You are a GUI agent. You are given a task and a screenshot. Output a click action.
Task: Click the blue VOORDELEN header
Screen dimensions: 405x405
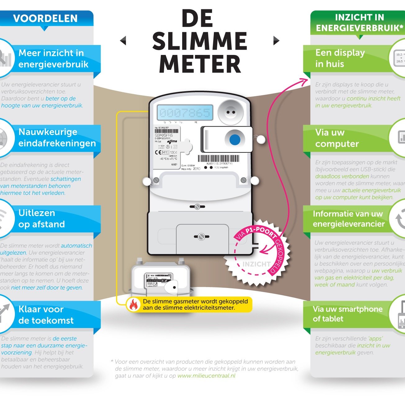45,18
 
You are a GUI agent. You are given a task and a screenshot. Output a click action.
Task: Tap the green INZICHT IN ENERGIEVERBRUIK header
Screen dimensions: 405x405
359,23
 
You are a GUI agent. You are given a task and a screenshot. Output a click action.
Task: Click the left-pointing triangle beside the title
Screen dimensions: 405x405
123,41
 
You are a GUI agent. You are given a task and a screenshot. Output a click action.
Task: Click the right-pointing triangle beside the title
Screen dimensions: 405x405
276,41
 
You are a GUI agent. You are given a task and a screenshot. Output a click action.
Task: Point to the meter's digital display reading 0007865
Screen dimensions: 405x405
185,113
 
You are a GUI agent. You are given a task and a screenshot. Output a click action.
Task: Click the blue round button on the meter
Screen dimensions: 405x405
235,140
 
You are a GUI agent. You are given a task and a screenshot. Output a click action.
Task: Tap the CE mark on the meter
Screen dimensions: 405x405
158,152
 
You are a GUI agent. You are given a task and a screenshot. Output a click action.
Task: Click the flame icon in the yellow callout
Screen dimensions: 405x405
134,305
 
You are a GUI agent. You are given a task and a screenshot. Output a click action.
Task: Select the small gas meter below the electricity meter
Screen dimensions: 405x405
160,276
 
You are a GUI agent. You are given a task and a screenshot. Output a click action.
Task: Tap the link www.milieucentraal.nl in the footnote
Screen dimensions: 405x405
206,376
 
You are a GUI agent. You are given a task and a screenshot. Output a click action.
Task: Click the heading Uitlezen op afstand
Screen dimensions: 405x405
42,218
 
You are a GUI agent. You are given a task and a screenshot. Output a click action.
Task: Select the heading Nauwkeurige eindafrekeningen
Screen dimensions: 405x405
57,137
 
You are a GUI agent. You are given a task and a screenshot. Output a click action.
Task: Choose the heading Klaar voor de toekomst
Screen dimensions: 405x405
46,315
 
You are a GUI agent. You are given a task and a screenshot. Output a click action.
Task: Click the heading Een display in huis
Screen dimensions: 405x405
340,58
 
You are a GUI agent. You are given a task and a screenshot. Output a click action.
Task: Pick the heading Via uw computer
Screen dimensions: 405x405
337,138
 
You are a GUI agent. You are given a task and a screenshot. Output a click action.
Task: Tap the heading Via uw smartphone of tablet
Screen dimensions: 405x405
348,314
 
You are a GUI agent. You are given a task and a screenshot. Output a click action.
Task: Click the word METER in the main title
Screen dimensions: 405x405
200,64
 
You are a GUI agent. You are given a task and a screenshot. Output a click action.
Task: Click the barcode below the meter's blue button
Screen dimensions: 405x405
218,159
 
